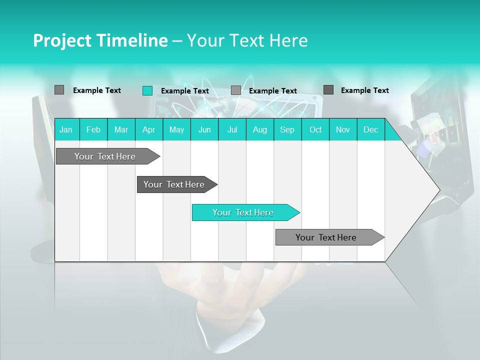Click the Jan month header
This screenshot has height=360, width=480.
coord(66,129)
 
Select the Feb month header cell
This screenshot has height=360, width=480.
coord(93,129)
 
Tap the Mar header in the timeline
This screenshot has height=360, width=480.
coord(121,129)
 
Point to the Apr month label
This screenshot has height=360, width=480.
coord(149,129)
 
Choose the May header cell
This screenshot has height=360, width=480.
coord(176,129)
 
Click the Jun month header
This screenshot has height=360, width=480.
coord(204,129)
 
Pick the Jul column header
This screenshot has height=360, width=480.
coord(232,129)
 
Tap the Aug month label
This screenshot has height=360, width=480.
coord(260,129)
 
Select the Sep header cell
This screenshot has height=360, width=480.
coord(287,129)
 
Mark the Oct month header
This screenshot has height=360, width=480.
coord(315,129)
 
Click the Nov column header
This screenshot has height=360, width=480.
coord(343,129)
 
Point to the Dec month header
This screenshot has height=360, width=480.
coord(371,129)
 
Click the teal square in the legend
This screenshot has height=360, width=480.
coord(147,90)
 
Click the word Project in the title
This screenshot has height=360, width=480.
coord(61,40)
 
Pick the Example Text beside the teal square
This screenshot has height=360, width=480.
coord(185,91)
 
